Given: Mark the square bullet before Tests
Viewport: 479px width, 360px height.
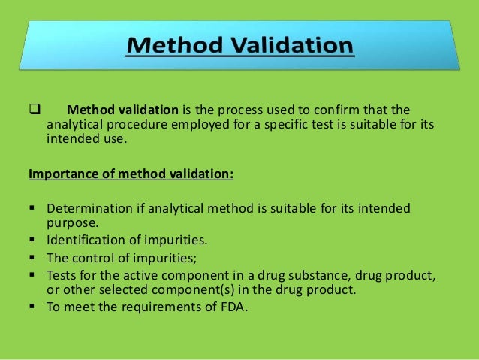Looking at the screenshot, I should [34, 274].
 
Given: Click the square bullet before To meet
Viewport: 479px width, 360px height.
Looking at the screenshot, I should [34, 306].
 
